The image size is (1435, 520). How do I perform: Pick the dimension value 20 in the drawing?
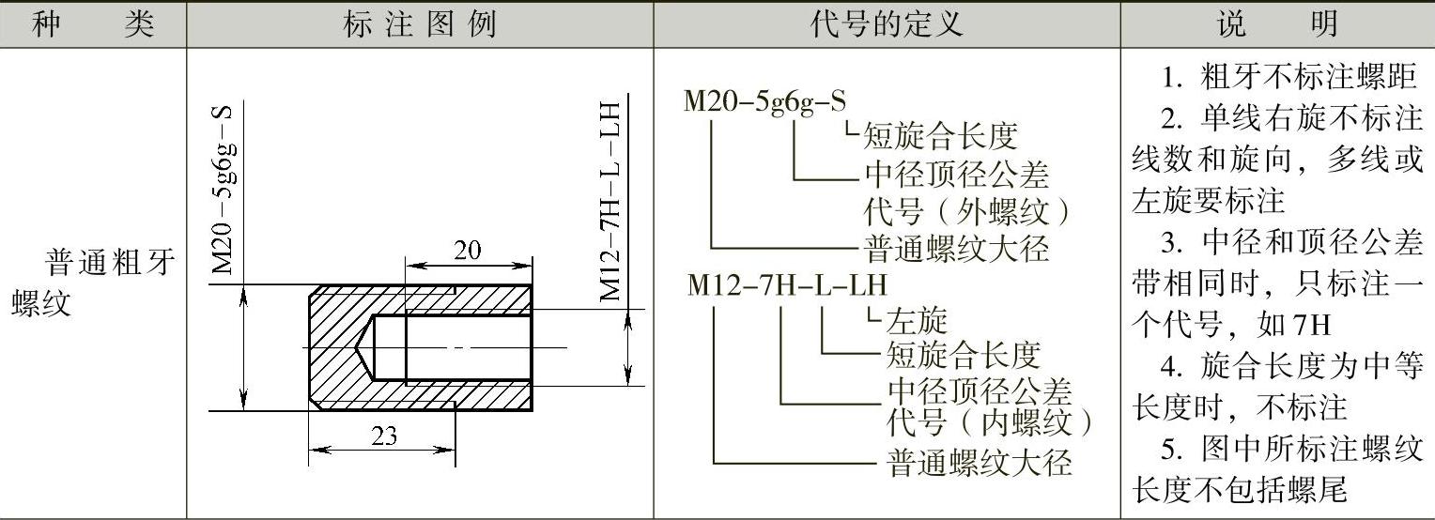[467, 251]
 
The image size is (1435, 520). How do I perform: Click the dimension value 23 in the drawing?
[384, 436]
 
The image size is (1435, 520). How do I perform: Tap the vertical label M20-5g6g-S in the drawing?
[223, 188]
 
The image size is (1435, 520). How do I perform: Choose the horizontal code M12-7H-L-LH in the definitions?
[786, 284]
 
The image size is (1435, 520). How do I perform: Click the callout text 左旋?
[917, 321]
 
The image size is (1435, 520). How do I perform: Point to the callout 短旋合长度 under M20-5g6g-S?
[940, 138]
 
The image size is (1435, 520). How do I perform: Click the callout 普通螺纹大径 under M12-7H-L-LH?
[979, 463]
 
